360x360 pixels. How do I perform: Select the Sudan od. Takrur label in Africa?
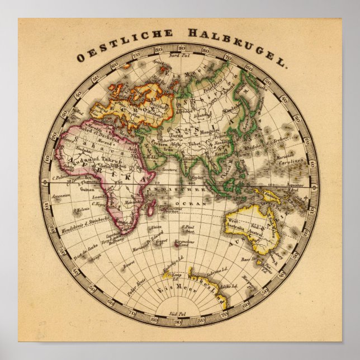tap(87, 160)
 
